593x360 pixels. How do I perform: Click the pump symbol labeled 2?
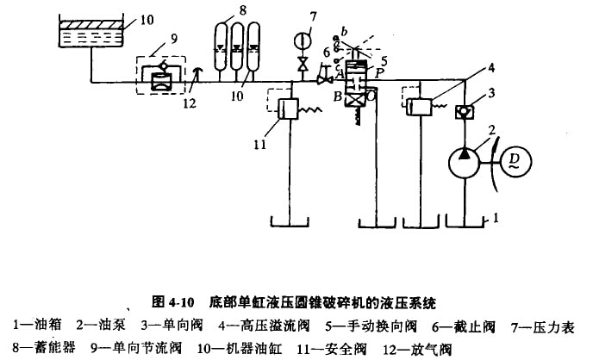tap(465, 163)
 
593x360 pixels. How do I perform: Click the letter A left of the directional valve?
tap(337, 75)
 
